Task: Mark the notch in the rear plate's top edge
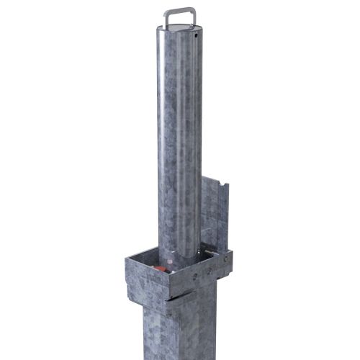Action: click(225, 189)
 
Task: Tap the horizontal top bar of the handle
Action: click(180, 9)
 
